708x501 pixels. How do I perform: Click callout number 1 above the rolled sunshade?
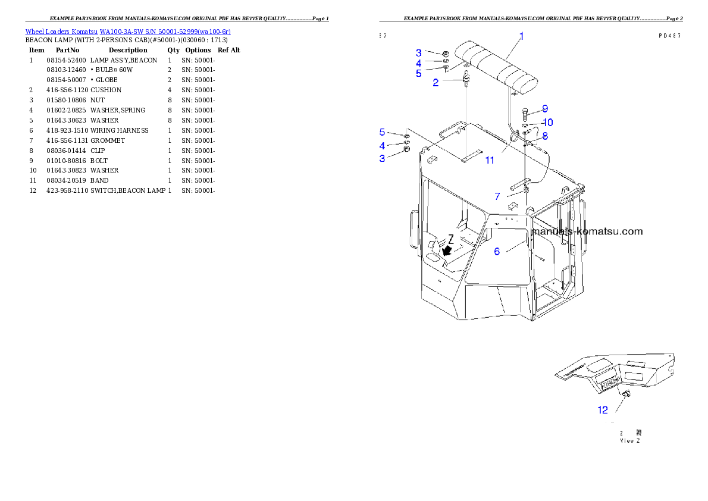pos(521,36)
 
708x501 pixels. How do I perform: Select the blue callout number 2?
pos(436,83)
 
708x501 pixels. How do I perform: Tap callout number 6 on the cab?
pos(497,251)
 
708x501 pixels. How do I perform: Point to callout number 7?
pos(497,196)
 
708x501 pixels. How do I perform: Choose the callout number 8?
pos(544,136)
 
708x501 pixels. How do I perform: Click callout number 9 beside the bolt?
pos(544,109)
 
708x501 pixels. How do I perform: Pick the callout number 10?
pos(547,123)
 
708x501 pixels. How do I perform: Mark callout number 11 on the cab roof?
pos(490,160)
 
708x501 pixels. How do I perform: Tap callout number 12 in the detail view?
pos(603,409)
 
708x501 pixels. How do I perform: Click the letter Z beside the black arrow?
pos(451,239)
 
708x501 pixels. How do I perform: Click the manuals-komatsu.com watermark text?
pos(587,231)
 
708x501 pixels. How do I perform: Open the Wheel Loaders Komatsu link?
pos(128,31)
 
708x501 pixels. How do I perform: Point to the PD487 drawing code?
pos(669,36)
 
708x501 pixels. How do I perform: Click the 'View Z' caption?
pos(630,440)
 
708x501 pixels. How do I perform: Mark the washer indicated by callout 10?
pos(526,125)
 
